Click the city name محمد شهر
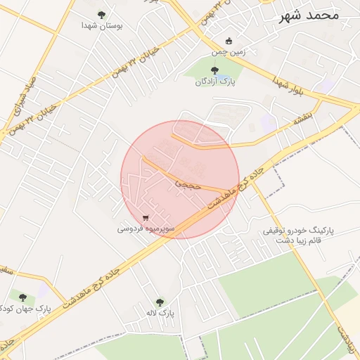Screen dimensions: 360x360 309,14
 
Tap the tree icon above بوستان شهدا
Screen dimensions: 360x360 102,14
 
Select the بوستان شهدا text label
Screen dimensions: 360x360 102,25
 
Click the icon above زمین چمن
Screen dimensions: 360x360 227,41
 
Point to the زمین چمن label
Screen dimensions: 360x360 227,52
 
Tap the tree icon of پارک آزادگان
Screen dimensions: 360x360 214,70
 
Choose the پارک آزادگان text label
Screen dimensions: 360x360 216,82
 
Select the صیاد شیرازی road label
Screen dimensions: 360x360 20,98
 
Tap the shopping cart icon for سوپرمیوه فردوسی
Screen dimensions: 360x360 146,218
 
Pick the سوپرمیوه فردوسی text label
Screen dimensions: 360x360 146,229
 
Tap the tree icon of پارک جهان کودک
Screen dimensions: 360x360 22,297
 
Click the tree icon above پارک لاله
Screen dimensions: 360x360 160,302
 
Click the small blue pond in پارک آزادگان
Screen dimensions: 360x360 222,75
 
